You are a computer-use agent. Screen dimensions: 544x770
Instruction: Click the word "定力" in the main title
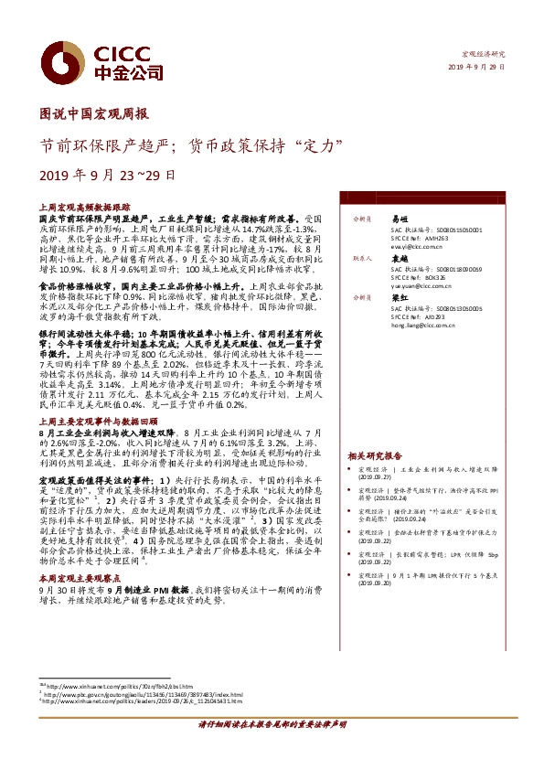click(x=325, y=144)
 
